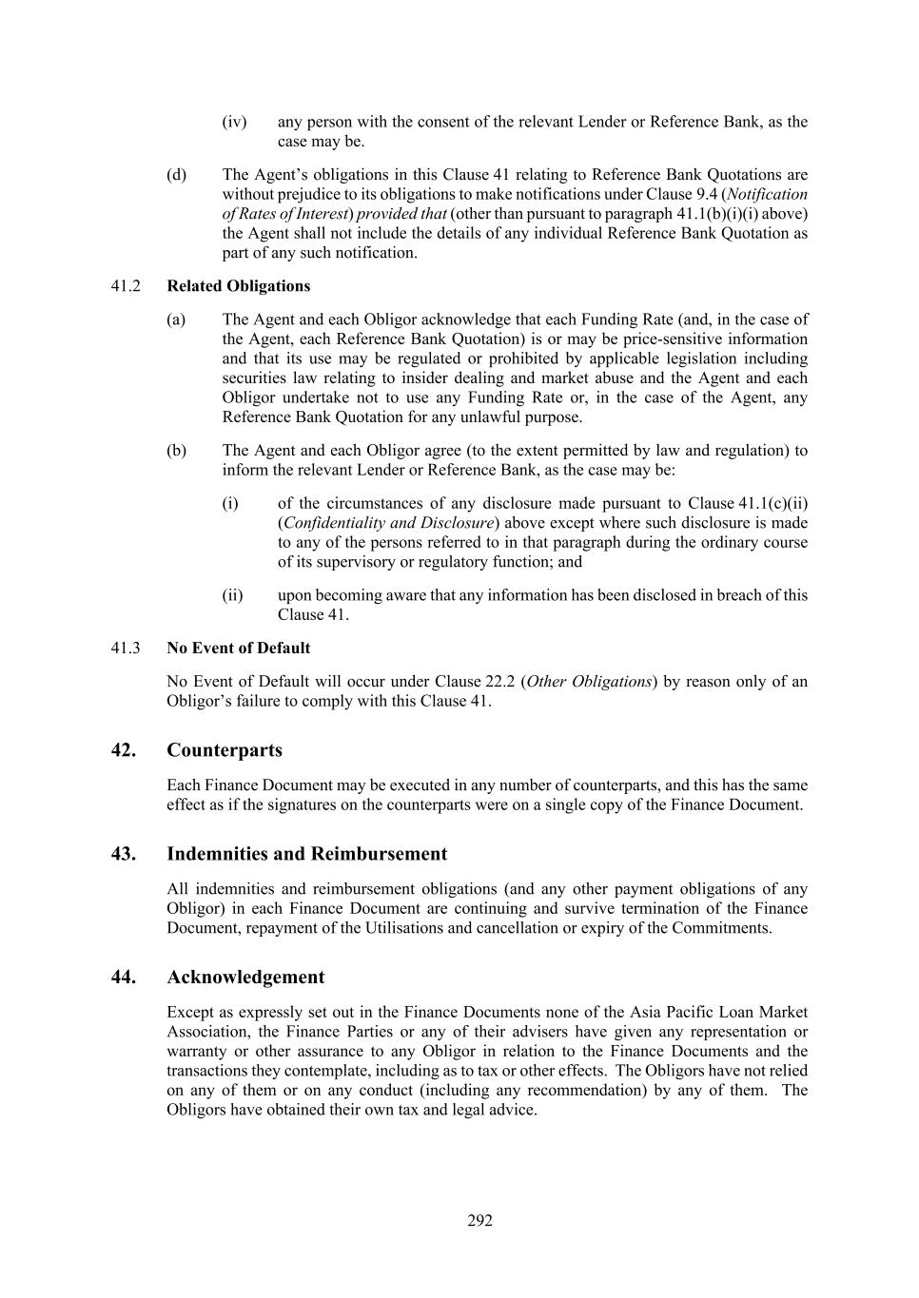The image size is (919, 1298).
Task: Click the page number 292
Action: click(x=479, y=1221)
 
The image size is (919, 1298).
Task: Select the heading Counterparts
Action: click(x=225, y=750)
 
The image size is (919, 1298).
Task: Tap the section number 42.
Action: click(x=123, y=750)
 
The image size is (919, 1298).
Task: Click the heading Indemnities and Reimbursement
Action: click(x=306, y=854)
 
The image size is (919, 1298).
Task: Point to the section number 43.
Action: click(x=123, y=854)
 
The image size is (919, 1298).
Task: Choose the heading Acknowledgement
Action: click(x=245, y=978)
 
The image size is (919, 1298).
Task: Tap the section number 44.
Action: click(x=123, y=978)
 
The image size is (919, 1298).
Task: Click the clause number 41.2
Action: click(x=126, y=286)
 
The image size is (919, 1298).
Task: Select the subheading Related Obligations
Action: click(x=238, y=286)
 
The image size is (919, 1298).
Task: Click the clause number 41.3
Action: click(x=126, y=649)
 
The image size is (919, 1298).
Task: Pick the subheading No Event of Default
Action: click(x=238, y=649)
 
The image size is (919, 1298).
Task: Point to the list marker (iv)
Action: click(x=234, y=122)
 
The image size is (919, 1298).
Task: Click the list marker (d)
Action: click(x=176, y=175)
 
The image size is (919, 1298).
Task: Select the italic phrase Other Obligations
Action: click(x=589, y=682)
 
